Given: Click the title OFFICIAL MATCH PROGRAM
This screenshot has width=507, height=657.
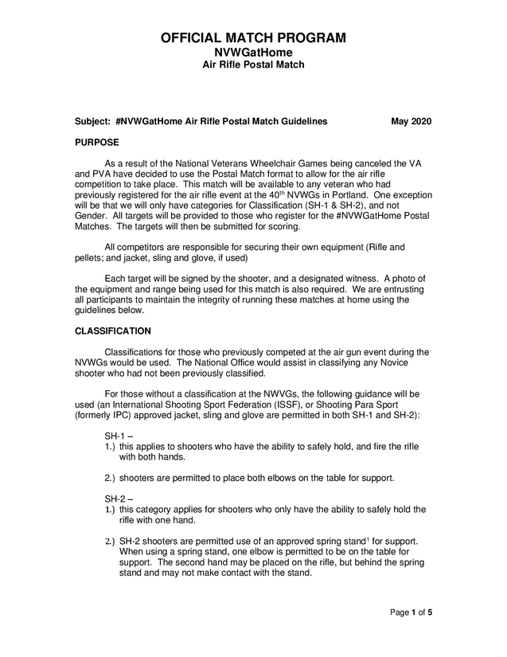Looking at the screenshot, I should [x=253, y=37].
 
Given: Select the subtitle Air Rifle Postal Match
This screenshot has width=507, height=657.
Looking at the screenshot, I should [x=253, y=65].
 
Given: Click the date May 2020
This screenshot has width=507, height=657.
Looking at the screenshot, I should [x=411, y=121].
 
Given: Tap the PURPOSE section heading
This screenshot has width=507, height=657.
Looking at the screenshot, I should [x=96, y=142].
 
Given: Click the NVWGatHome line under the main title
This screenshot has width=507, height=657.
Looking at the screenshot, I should [x=253, y=53].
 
